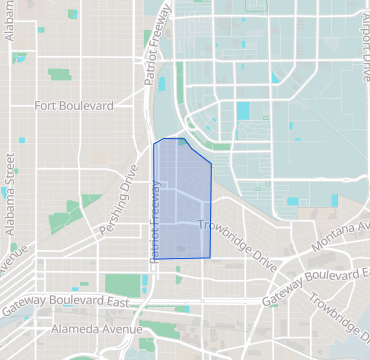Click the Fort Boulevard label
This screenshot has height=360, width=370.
point(76,104)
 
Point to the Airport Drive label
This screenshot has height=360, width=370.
point(363,45)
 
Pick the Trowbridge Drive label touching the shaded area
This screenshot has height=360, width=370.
point(237,241)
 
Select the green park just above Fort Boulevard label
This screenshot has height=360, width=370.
point(61,75)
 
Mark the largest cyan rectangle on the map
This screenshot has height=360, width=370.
point(243,111)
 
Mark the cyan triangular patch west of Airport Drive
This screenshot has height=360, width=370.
point(275,78)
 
